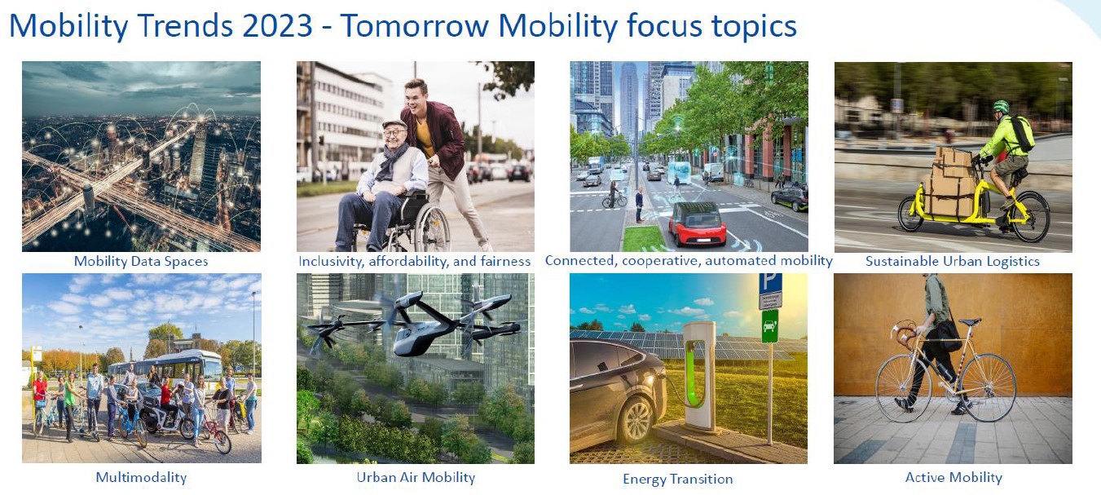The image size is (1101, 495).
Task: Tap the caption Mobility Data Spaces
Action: point(141,261)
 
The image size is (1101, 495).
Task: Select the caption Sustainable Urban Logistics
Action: point(953,261)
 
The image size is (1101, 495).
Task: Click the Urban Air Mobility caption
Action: point(416,477)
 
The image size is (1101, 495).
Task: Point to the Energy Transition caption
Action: point(678,479)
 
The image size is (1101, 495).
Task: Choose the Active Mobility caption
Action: point(953,477)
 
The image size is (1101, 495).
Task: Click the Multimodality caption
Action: point(141,477)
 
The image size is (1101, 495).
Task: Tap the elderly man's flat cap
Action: point(394,125)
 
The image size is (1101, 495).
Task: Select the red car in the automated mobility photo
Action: point(697,224)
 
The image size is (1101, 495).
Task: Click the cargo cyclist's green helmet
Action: point(1001,106)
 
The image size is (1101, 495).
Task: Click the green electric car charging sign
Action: point(769,325)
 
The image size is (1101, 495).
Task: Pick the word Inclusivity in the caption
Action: point(329,261)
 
